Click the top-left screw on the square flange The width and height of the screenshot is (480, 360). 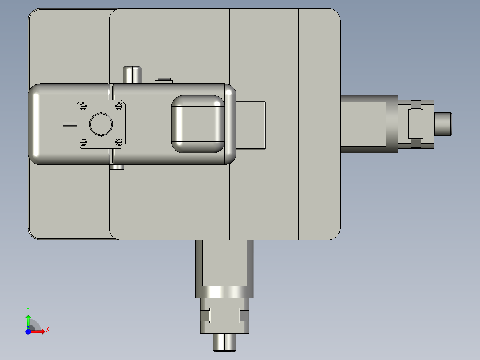pos(83,106)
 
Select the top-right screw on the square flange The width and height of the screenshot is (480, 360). pos(118,106)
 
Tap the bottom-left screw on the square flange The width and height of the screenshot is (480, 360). pos(83,142)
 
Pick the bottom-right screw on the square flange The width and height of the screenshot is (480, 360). pos(118,142)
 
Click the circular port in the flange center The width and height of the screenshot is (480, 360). pos(101,124)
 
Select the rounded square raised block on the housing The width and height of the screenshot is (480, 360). pos(198,124)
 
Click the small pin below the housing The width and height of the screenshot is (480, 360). pos(117,167)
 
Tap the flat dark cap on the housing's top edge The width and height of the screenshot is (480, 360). pos(163,80)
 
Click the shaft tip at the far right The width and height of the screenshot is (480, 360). pos(443,124)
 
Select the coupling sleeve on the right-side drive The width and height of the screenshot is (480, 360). pos(416,124)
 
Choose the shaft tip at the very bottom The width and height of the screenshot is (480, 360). pos(225,342)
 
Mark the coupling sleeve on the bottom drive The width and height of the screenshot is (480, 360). pos(225,316)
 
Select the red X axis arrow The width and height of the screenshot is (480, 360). pos(39,331)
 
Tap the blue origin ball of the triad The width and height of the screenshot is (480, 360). pos(28,331)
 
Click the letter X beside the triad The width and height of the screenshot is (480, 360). pos(47,330)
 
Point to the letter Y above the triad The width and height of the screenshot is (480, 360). pos(28,309)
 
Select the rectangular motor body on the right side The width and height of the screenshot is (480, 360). pos(368,124)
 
